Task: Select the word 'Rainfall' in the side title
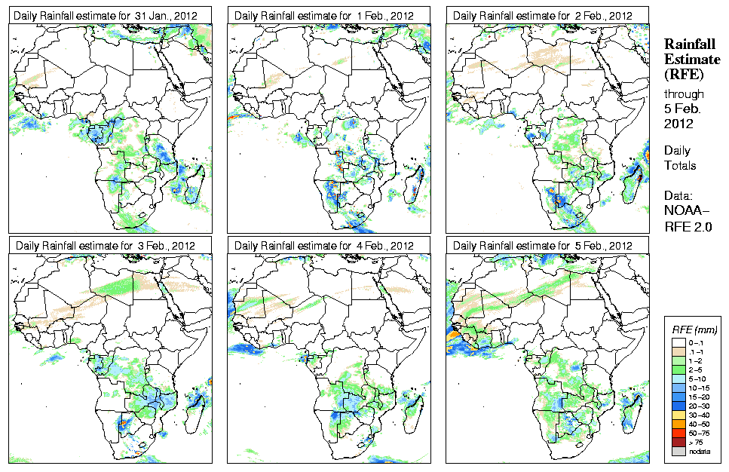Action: pyautogui.click(x=688, y=44)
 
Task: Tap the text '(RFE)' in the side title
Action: pyautogui.click(x=683, y=74)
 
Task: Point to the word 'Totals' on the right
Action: pyautogui.click(x=680, y=165)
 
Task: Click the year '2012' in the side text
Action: pyautogui.click(x=678, y=124)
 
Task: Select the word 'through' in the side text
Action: pyautogui.click(x=684, y=93)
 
